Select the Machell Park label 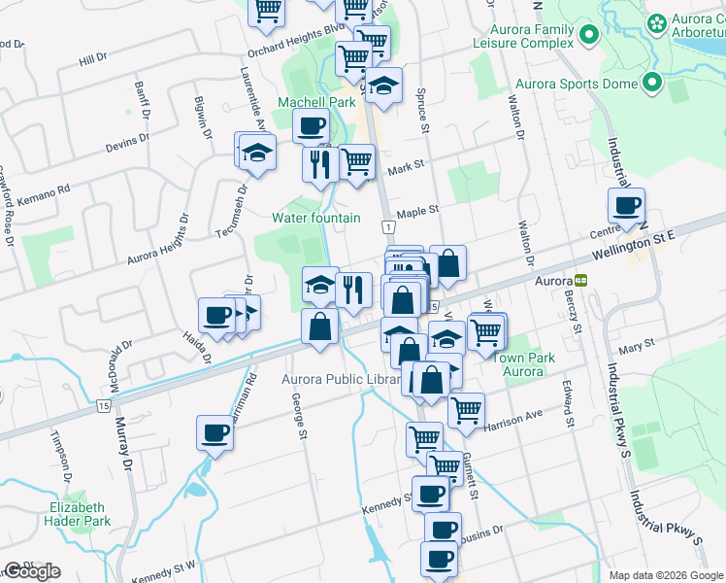click(x=316, y=102)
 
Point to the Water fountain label click(x=316, y=218)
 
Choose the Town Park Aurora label click(x=524, y=365)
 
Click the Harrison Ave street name click(x=514, y=417)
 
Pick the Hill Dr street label click(x=92, y=59)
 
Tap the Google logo click(x=32, y=571)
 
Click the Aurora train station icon click(x=580, y=280)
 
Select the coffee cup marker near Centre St click(x=626, y=206)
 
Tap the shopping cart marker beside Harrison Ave click(x=466, y=410)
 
